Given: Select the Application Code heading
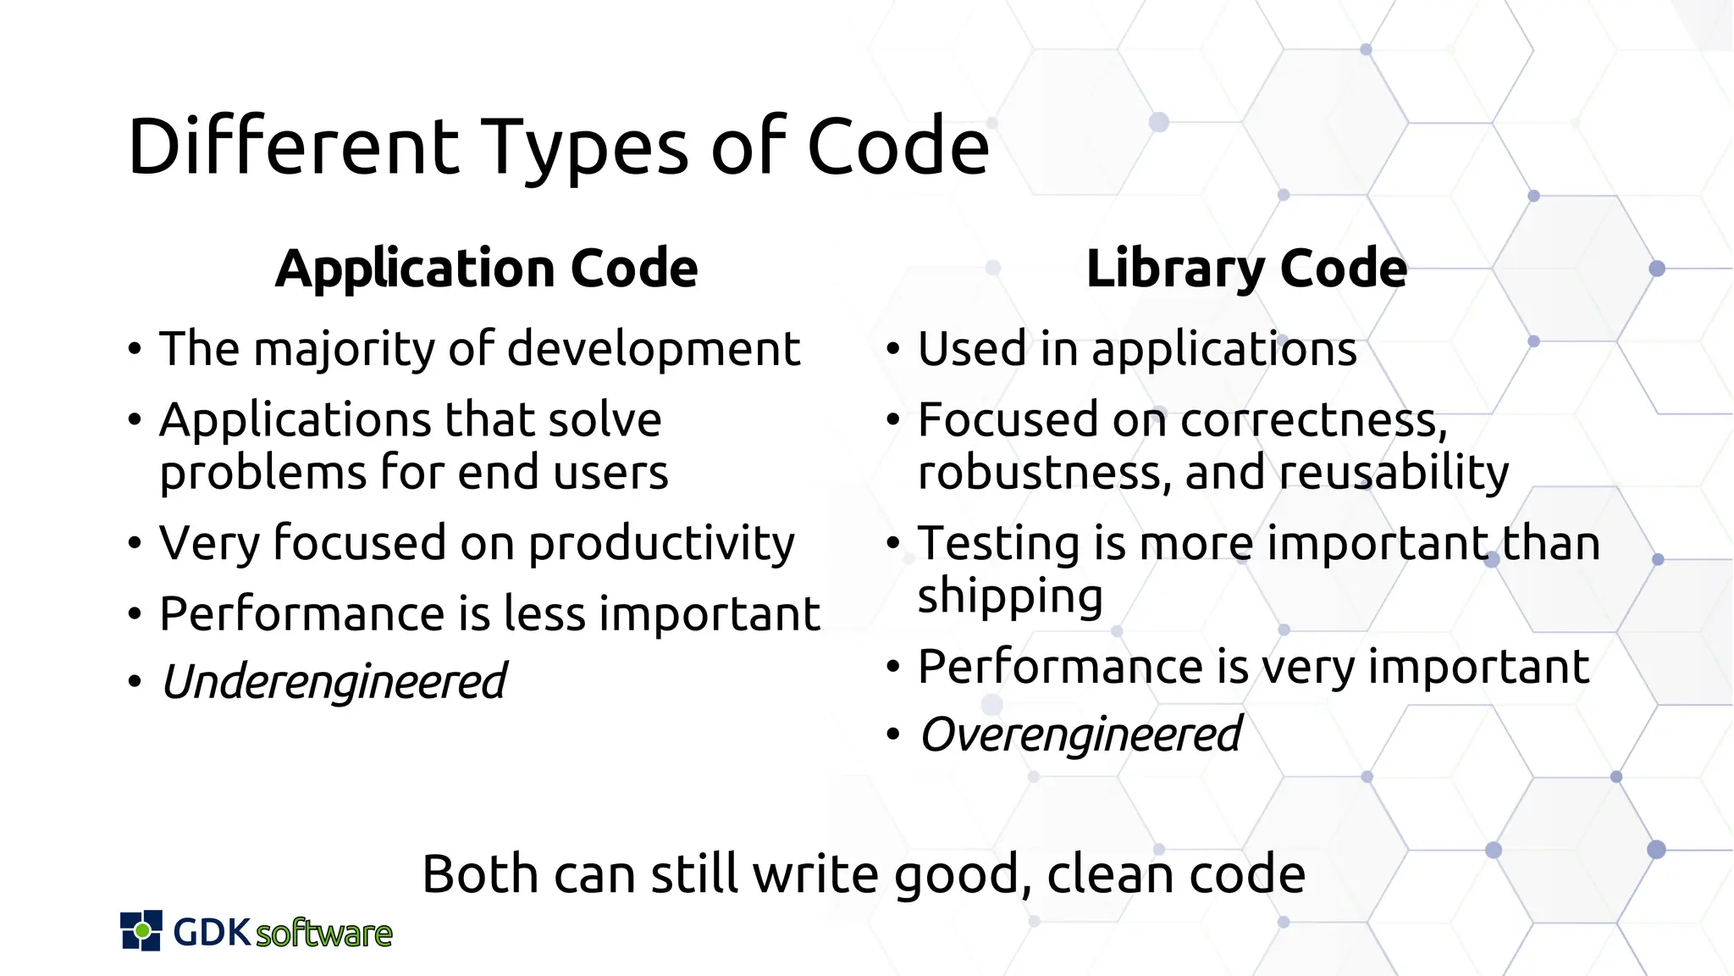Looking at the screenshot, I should pyautogui.click(x=487, y=269).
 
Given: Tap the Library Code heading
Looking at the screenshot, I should pyautogui.click(x=1246, y=269).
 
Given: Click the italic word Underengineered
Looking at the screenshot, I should pyautogui.click(x=334, y=682).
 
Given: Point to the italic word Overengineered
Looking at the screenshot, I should pyautogui.click(x=1080, y=735).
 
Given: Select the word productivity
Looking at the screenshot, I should pyautogui.click(x=661, y=545).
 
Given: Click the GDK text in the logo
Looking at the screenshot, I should pyautogui.click(x=212, y=932).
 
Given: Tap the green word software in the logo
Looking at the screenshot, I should pyautogui.click(x=323, y=934).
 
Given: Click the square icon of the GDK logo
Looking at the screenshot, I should pyautogui.click(x=141, y=931).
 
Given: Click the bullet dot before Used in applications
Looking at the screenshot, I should pyautogui.click(x=892, y=349).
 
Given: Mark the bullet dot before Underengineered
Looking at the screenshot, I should pyautogui.click(x=134, y=681).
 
